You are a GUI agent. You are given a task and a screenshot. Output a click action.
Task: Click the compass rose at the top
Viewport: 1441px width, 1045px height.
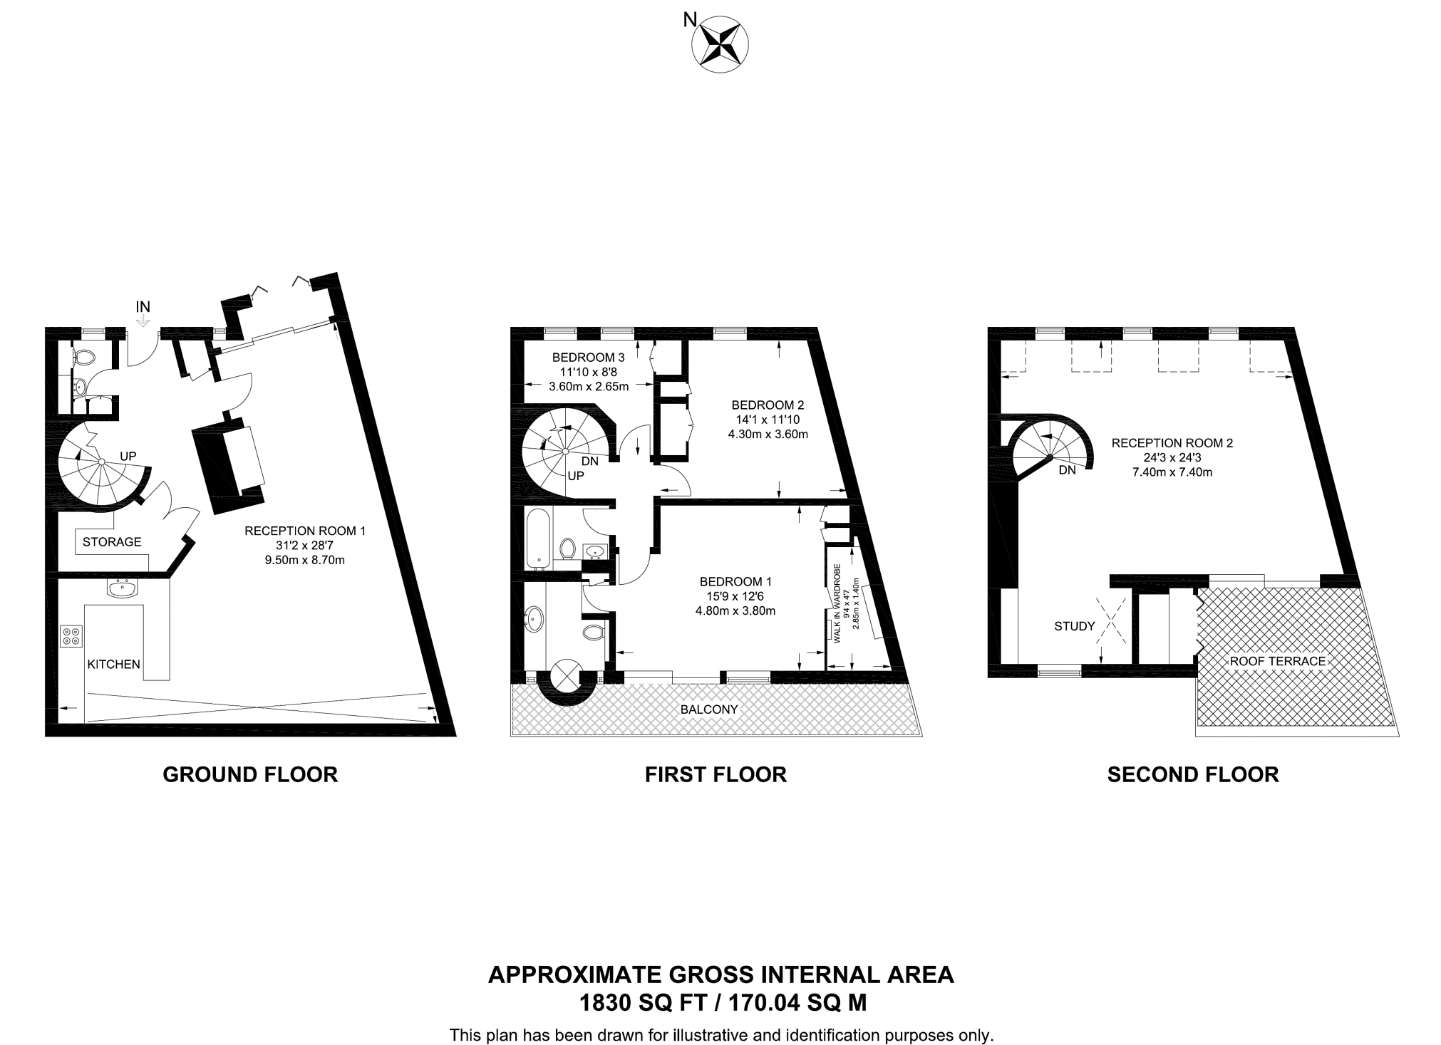(x=720, y=44)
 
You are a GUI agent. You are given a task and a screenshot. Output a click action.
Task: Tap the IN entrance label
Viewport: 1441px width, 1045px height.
(x=143, y=307)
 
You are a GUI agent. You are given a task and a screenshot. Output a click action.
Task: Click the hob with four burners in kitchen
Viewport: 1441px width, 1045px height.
(x=71, y=635)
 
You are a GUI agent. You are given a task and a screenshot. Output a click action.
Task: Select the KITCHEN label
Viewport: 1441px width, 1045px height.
(x=113, y=664)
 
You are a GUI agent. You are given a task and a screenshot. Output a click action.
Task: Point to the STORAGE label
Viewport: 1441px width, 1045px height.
(x=112, y=542)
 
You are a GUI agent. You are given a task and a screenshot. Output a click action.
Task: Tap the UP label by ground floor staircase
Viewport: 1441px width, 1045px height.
(x=128, y=456)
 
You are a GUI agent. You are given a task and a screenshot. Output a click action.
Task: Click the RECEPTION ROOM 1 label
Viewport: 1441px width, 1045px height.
(x=304, y=531)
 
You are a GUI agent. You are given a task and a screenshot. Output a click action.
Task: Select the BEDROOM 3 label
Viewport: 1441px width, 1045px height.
(x=588, y=358)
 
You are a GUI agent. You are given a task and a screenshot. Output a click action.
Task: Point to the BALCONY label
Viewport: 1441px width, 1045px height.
(x=708, y=709)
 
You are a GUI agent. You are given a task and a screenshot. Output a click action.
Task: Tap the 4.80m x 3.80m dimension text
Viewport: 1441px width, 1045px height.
(x=735, y=610)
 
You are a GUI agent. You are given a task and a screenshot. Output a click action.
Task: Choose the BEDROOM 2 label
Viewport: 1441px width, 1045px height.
(x=768, y=405)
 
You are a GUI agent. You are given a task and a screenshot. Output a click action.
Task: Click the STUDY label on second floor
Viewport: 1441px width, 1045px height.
(x=1074, y=626)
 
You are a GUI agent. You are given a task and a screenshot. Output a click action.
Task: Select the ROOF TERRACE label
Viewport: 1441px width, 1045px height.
(x=1277, y=661)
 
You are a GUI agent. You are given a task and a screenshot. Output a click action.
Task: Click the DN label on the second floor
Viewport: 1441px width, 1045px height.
(x=1067, y=470)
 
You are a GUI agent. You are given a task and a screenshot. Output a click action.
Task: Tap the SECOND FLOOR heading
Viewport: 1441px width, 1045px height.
(x=1192, y=774)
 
